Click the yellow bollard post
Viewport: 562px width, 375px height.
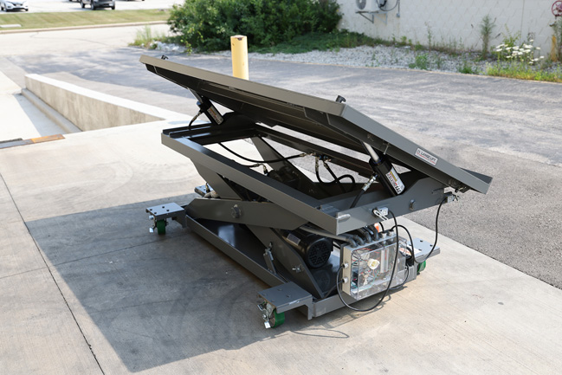point(240,57)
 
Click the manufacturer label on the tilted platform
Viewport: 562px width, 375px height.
point(426,157)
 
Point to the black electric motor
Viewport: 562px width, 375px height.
point(313,250)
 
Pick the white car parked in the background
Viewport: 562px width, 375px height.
point(13,4)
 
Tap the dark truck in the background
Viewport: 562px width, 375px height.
point(98,3)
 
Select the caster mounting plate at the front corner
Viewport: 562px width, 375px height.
point(284,297)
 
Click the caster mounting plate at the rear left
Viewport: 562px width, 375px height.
point(165,210)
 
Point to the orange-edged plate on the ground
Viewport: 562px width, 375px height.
point(46,139)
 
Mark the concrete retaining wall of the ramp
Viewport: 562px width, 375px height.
point(87,103)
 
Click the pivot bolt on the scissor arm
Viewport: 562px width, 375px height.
point(236,210)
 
